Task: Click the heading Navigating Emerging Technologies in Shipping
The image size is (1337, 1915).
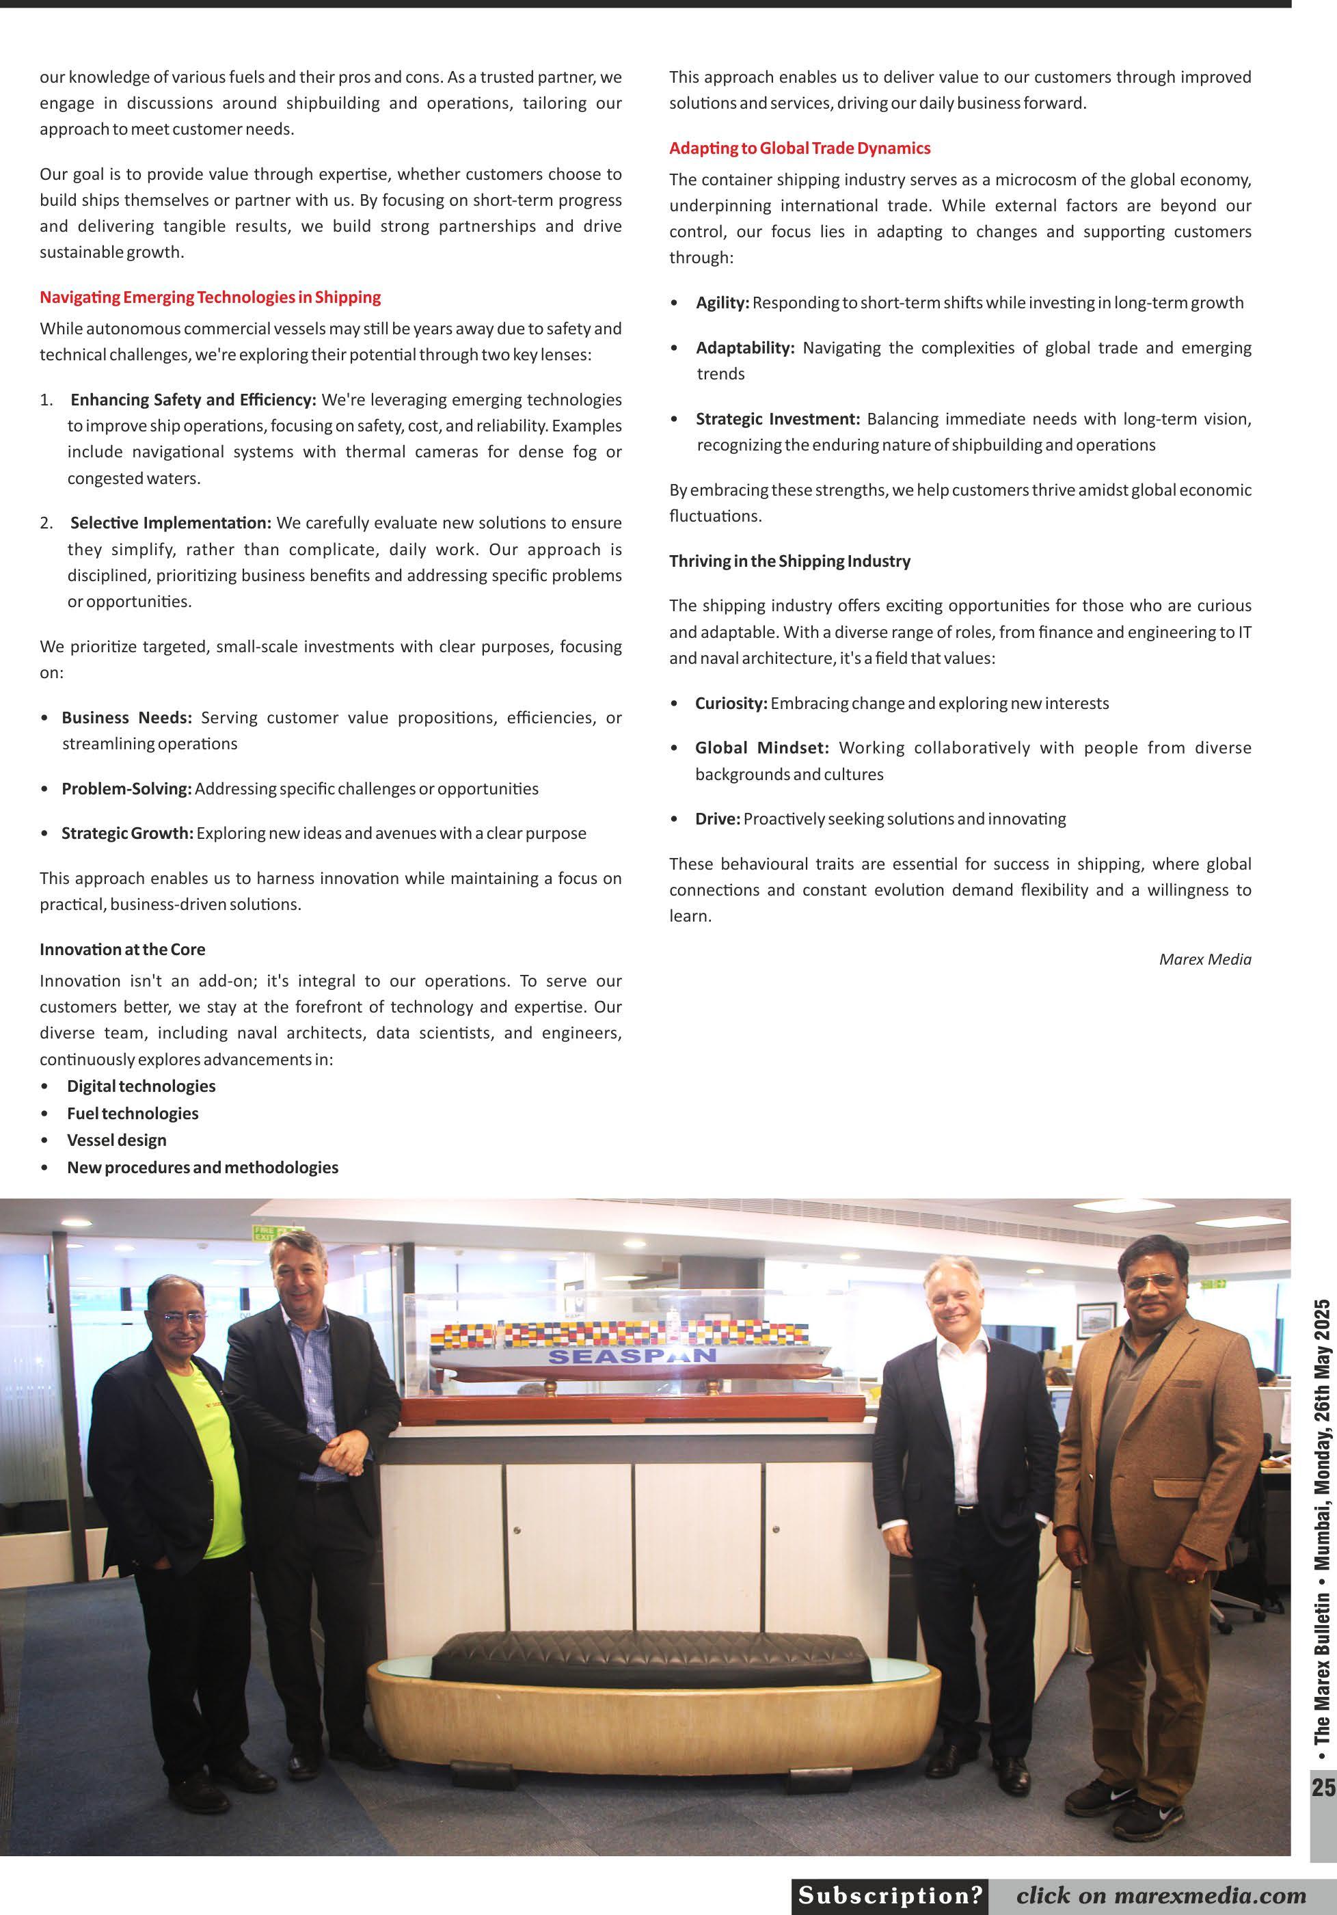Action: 210,297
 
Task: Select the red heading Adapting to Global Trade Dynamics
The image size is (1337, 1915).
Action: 799,148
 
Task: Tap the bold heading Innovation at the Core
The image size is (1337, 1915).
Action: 122,949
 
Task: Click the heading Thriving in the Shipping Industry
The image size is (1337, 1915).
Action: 789,561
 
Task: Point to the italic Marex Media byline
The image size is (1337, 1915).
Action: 1204,959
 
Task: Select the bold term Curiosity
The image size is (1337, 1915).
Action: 731,703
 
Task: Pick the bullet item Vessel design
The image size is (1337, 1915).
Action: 117,1140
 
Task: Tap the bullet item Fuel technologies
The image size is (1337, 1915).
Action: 133,1114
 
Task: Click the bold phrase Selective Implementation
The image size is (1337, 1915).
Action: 171,523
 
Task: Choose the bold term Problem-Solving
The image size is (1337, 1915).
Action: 126,789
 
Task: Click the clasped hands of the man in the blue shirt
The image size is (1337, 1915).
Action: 344,1455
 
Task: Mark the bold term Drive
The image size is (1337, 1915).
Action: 717,819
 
